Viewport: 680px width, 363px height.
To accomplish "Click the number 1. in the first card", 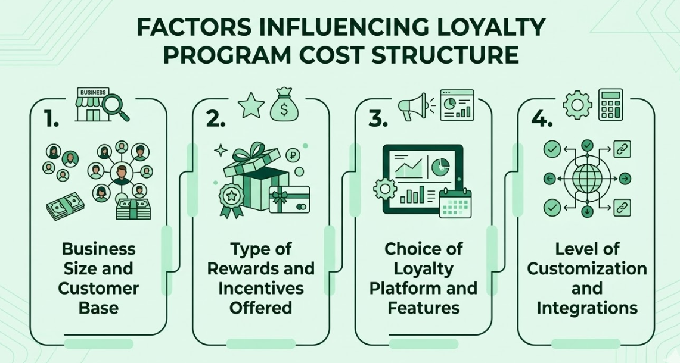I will pyautogui.click(x=51, y=119).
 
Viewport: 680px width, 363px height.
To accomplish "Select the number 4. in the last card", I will pyautogui.click(x=542, y=119).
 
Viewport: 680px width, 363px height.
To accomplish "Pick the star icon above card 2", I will pyautogui.click(x=251, y=105).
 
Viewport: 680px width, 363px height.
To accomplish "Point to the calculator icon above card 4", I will pyautogui.click(x=611, y=105).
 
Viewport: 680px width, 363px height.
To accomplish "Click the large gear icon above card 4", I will pyautogui.click(x=577, y=105).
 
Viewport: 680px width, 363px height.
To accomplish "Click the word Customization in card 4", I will pyautogui.click(x=587, y=268).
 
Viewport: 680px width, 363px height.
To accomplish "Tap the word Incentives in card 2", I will pyautogui.click(x=260, y=288).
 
